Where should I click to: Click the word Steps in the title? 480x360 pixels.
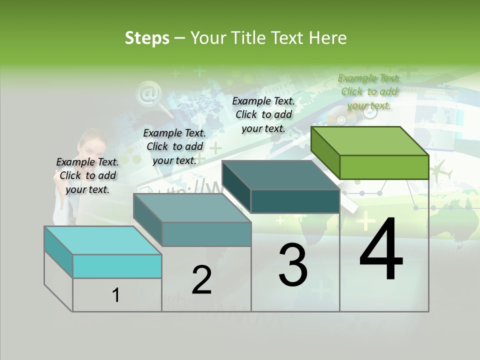(x=147, y=38)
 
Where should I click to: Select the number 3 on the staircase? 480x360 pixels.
(x=293, y=265)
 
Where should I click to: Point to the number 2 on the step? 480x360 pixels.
(x=201, y=280)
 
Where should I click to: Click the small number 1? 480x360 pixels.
(x=116, y=295)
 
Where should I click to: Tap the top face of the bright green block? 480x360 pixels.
(x=370, y=140)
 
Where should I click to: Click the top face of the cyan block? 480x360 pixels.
(x=103, y=240)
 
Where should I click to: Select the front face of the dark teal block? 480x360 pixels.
(x=295, y=201)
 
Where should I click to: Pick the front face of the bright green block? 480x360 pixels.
(x=384, y=167)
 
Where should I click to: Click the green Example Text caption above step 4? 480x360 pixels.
(x=369, y=91)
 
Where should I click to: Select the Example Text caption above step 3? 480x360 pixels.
(x=263, y=114)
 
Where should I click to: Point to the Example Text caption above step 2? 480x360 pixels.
(x=174, y=146)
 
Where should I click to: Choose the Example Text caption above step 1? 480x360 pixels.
(x=87, y=175)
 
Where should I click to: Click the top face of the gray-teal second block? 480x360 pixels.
(x=192, y=207)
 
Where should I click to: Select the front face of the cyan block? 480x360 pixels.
(x=117, y=266)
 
